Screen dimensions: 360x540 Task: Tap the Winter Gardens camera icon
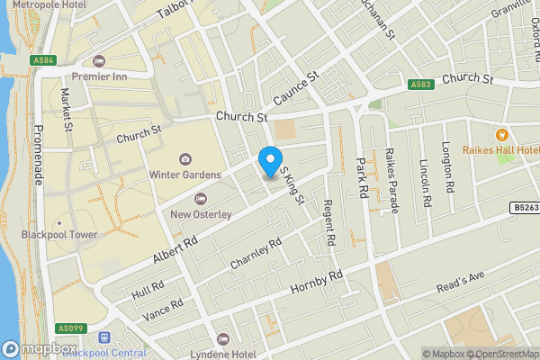click(x=185, y=159)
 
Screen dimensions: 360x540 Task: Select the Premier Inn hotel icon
click(x=99, y=62)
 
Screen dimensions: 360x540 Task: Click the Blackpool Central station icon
click(x=105, y=337)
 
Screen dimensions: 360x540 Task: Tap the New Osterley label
click(x=201, y=214)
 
